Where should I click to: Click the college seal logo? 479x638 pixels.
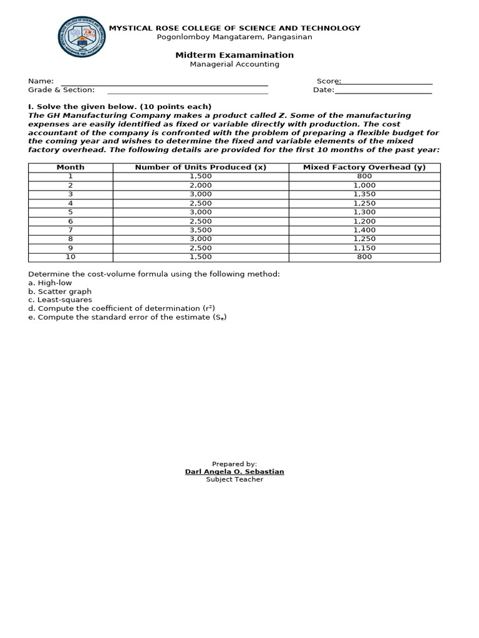point(82,37)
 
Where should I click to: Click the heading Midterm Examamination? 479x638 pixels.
point(235,55)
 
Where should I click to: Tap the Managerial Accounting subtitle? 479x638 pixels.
point(235,64)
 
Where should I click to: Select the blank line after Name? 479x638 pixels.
point(164,83)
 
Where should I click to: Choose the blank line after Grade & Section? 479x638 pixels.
point(187,92)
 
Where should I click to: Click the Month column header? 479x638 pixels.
point(70,167)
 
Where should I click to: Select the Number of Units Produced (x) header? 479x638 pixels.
point(201,167)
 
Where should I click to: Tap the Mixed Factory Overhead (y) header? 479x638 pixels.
point(364,167)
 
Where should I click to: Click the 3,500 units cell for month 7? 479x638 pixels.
point(201,230)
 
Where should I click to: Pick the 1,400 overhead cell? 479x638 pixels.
point(364,230)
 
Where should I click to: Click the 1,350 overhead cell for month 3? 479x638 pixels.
point(364,194)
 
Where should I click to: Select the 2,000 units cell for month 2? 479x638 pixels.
point(201,185)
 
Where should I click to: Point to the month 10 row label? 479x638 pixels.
point(70,257)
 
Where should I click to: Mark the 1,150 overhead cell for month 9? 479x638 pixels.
point(364,248)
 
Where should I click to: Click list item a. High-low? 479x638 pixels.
point(50,283)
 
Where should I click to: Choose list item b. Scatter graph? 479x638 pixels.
point(60,292)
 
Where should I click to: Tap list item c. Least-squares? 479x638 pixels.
point(60,300)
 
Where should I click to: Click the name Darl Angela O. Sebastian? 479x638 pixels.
point(235,472)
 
